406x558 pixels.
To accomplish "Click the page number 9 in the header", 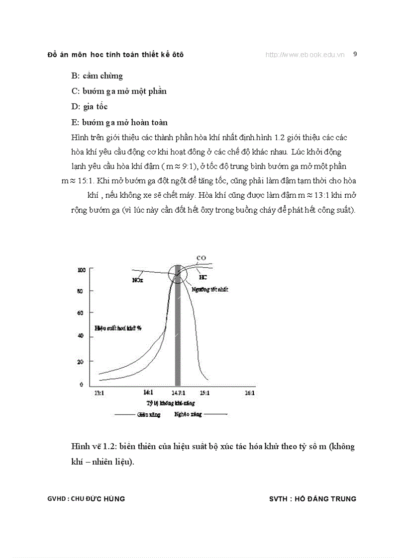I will [355, 54].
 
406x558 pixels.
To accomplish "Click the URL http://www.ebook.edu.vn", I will [305, 55].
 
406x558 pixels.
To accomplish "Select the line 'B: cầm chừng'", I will [97, 76].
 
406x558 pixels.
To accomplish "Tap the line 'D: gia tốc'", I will [90, 107].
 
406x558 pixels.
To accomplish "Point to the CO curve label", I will [201, 258].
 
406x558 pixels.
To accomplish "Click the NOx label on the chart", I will [137, 280].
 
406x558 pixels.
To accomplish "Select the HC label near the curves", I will [203, 277].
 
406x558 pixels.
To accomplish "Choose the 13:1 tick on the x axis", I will [99, 393].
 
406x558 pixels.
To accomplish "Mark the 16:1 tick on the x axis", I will [250, 393].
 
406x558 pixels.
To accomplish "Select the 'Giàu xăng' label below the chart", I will [149, 414].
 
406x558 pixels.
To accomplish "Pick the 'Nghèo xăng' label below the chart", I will [188, 414].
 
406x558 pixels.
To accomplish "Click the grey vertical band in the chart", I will [177, 348].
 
